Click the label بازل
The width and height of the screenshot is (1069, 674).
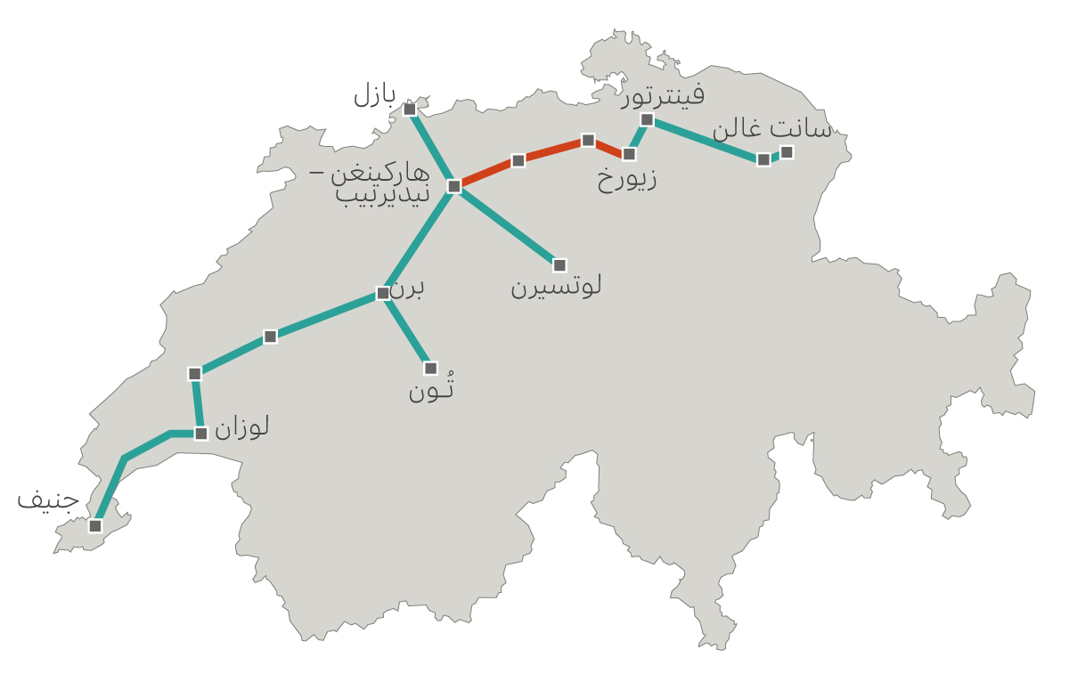(x=373, y=94)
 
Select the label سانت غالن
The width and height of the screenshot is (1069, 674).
(x=771, y=129)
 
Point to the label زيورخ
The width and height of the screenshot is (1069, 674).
(x=627, y=179)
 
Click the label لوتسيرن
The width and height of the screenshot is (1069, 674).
(x=556, y=287)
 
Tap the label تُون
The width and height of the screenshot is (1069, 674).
(x=432, y=389)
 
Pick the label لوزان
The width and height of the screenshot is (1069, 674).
(x=241, y=427)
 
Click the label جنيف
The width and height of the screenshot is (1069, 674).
(x=48, y=499)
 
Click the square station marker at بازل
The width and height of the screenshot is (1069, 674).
(x=410, y=109)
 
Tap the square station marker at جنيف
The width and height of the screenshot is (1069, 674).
(x=95, y=525)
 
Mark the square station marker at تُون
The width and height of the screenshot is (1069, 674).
(x=431, y=368)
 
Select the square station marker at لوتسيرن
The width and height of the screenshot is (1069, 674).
(x=559, y=265)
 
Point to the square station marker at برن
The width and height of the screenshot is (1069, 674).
(x=383, y=293)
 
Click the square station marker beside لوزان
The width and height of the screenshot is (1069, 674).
(x=201, y=434)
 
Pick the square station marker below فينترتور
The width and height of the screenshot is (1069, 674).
(x=647, y=119)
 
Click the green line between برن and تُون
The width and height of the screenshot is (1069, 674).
(x=407, y=330)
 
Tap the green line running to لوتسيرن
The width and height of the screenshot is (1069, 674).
(x=507, y=226)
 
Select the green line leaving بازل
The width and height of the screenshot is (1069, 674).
(x=431, y=146)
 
